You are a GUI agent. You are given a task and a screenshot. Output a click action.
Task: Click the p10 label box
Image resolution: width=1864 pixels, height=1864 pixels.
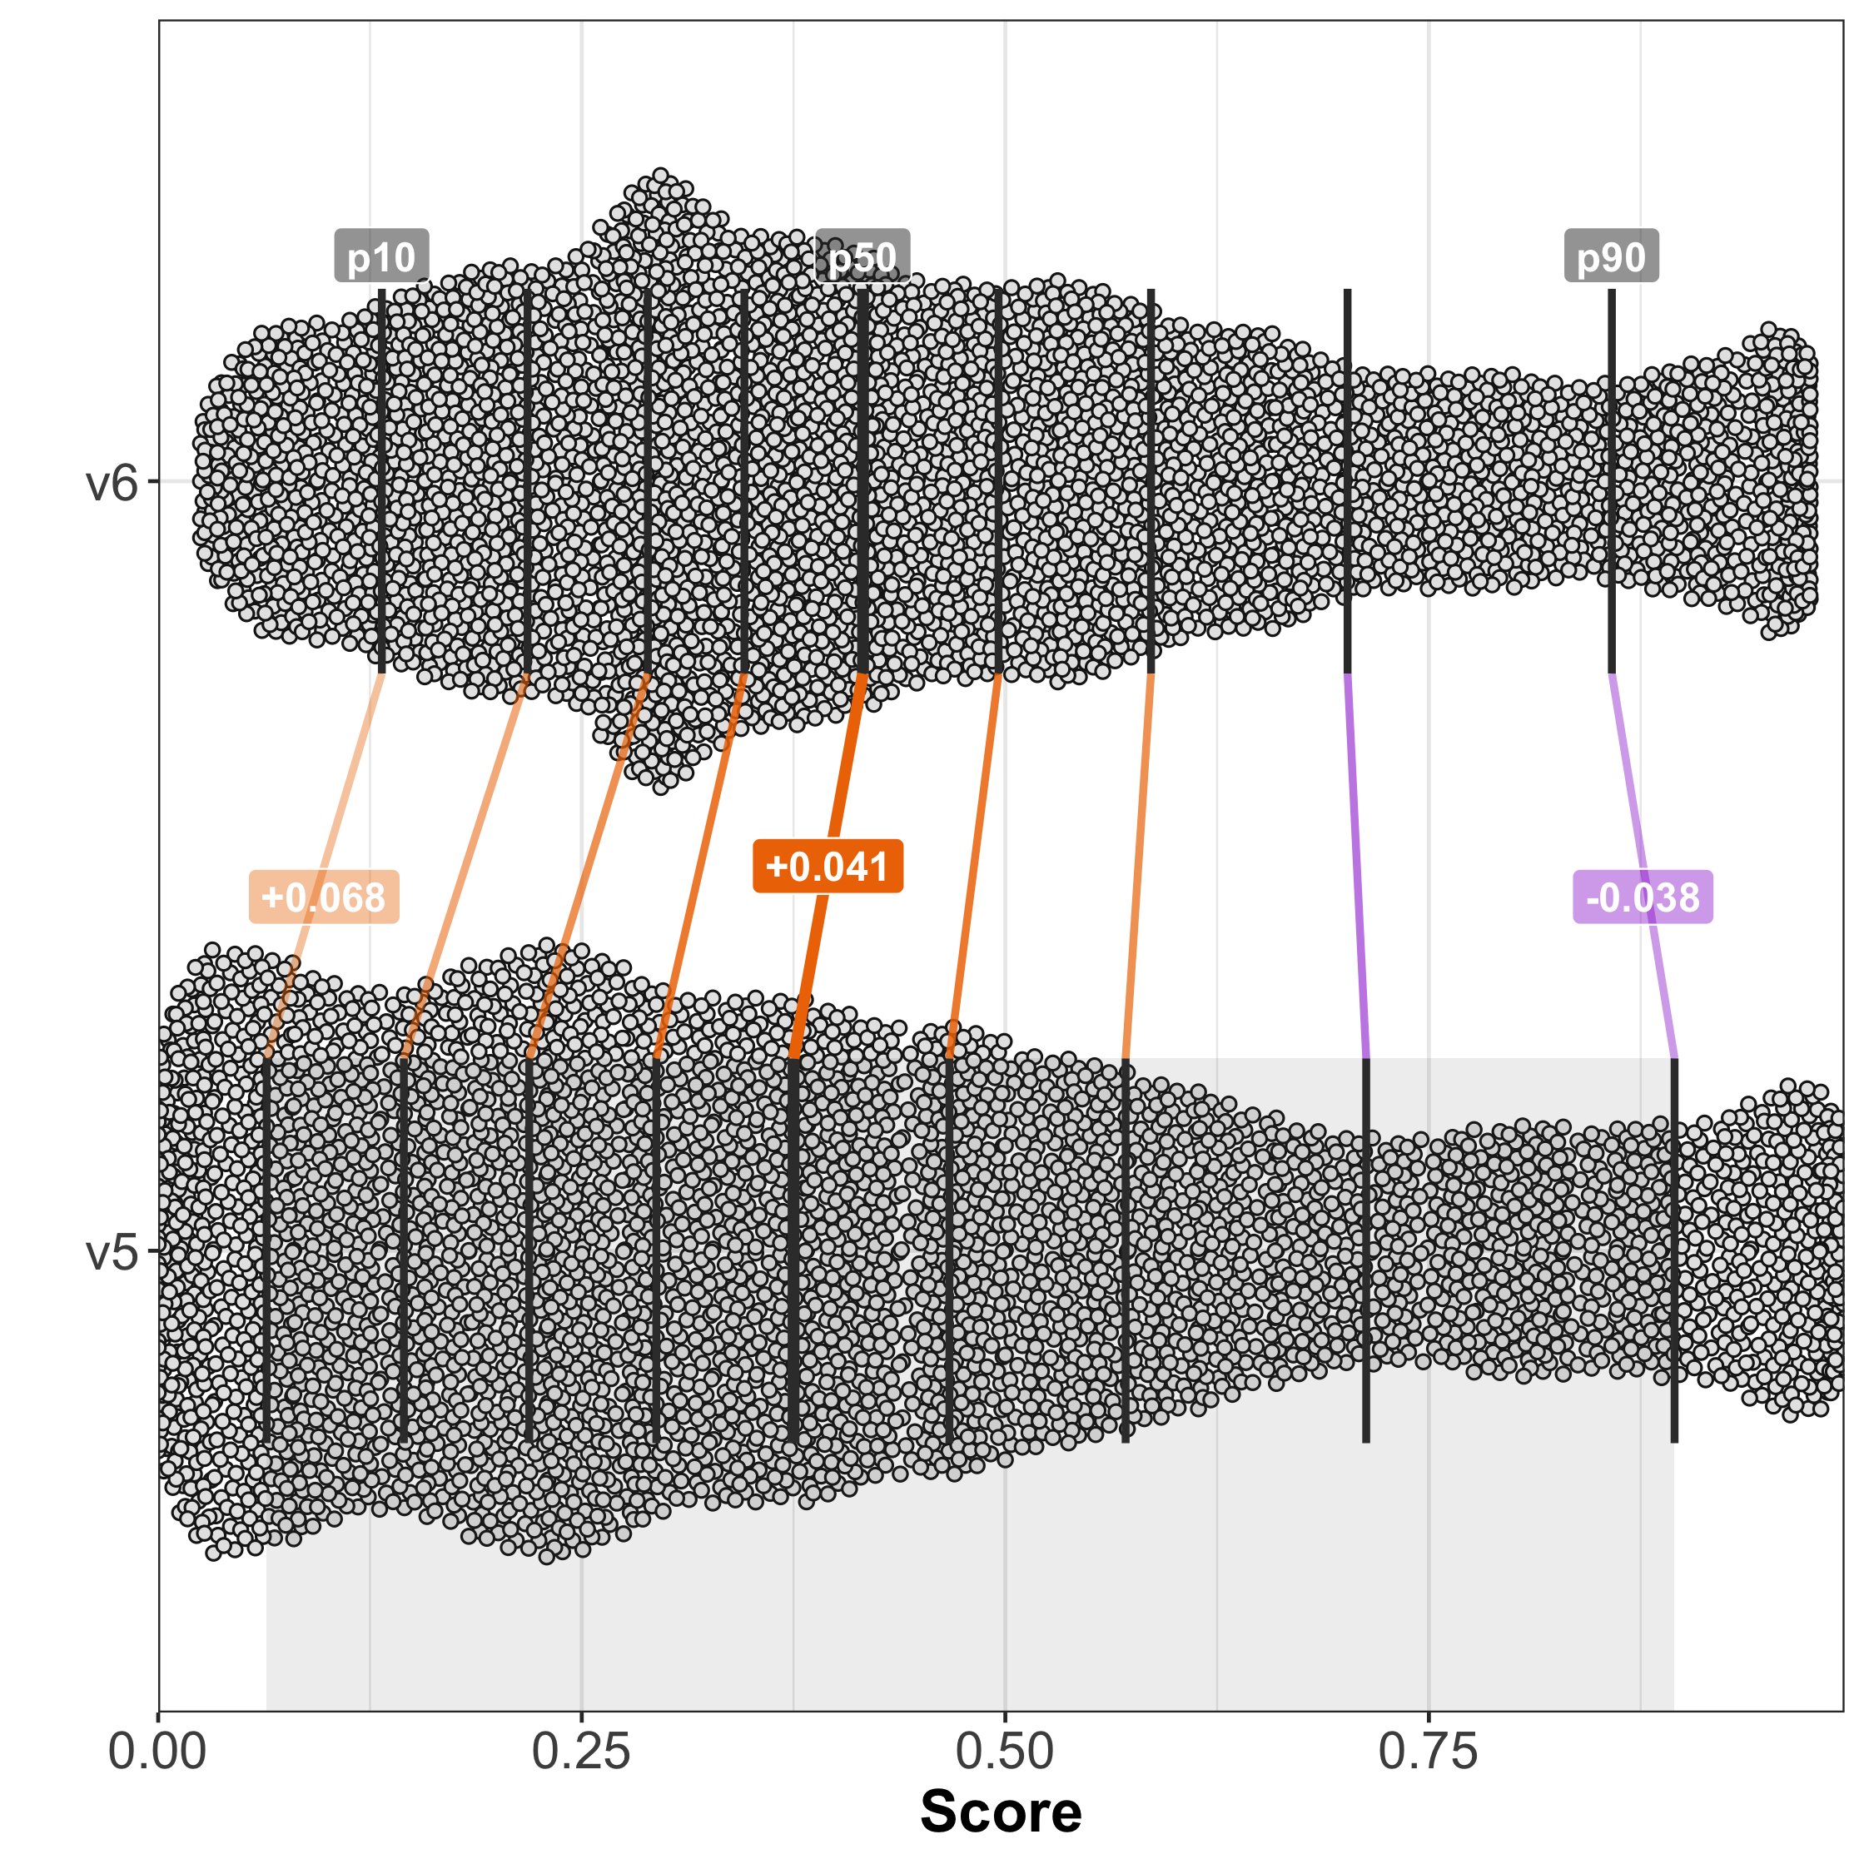(x=381, y=256)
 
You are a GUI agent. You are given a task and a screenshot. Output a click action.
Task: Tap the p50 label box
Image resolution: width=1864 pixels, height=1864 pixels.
(x=862, y=256)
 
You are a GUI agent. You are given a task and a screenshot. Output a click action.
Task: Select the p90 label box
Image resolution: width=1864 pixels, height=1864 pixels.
(x=1611, y=256)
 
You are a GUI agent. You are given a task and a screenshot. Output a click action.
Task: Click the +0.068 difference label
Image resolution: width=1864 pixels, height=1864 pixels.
(x=323, y=897)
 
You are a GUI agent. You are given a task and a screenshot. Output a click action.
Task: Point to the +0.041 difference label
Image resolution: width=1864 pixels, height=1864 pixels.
(x=827, y=867)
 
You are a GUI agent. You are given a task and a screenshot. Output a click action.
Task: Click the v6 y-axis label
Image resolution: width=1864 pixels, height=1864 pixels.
(x=113, y=481)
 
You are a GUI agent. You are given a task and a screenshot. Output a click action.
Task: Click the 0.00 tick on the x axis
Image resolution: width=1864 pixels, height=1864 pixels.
(x=157, y=1751)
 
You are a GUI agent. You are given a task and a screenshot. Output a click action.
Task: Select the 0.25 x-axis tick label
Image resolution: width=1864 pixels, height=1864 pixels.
(x=581, y=1751)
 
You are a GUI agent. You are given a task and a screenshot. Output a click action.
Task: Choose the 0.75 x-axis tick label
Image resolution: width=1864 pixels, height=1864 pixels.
(x=1428, y=1751)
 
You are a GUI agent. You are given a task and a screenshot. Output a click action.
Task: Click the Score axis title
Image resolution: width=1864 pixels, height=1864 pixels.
(x=1001, y=1812)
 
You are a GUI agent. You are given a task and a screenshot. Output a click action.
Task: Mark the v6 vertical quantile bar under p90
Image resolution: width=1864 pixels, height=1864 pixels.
(x=1611, y=482)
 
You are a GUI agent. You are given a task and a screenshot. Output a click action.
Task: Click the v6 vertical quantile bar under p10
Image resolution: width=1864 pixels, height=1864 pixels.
(x=382, y=482)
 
